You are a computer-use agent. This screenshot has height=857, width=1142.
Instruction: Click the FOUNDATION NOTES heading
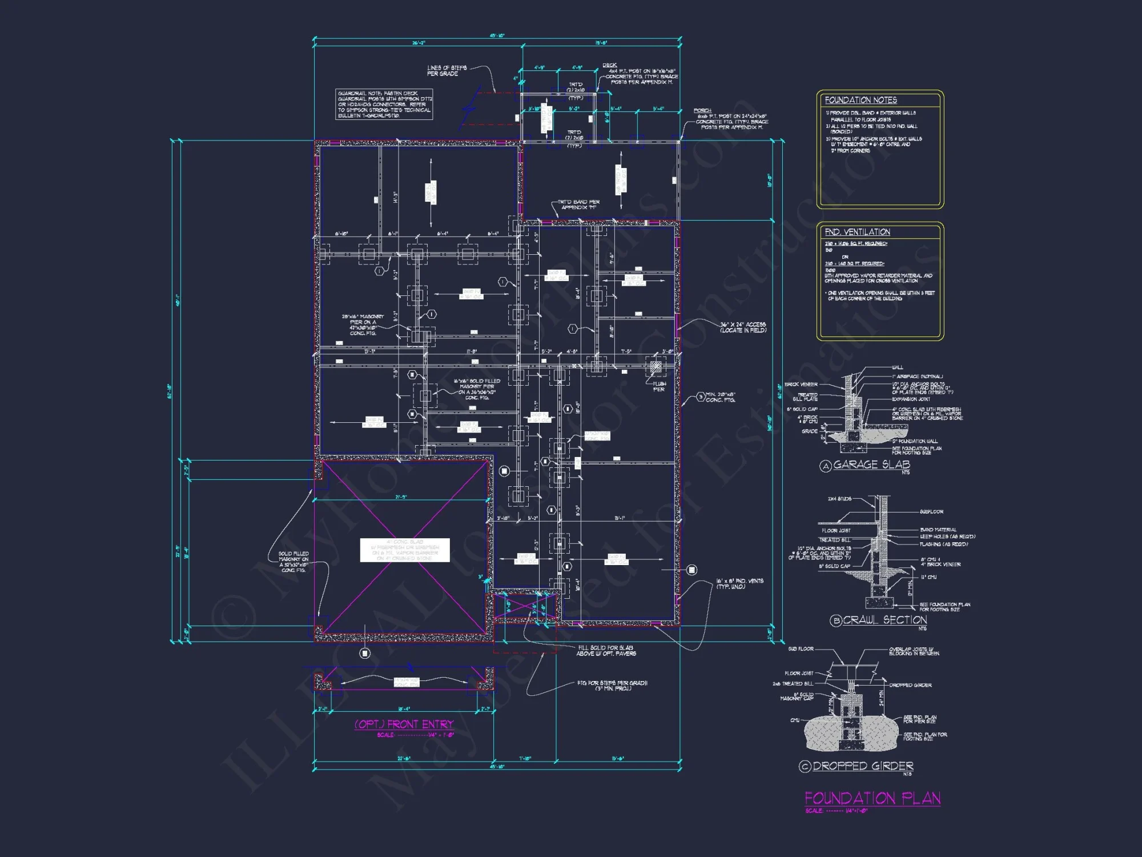[x=860, y=100]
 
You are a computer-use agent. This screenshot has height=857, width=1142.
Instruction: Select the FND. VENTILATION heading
[x=857, y=232]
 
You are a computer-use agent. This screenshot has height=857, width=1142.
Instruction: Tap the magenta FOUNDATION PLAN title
[x=872, y=798]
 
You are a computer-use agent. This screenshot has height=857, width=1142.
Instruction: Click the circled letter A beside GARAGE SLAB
[x=825, y=466]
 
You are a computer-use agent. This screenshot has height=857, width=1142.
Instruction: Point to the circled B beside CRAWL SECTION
[x=835, y=620]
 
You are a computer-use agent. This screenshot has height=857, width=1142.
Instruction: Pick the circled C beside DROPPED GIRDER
[x=805, y=767]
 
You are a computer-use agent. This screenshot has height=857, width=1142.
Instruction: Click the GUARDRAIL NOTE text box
[x=384, y=105]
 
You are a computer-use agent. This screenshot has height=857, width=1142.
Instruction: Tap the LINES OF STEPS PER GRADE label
[x=447, y=71]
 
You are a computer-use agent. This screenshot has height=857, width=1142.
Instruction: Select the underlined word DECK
[x=609, y=65]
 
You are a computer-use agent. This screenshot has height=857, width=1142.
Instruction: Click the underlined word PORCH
[x=702, y=110]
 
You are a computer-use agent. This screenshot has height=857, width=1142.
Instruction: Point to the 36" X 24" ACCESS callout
[x=742, y=327]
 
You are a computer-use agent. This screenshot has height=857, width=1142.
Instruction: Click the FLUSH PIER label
[x=659, y=386]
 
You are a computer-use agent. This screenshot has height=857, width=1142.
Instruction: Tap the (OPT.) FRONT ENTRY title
[x=404, y=724]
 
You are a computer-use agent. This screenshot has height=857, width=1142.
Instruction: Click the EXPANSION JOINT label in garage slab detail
[x=912, y=399]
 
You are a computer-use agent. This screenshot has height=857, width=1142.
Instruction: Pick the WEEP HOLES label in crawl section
[x=947, y=536]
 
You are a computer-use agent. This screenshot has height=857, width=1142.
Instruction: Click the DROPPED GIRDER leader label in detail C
[x=910, y=685]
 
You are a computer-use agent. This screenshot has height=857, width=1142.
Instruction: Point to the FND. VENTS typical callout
[x=739, y=583]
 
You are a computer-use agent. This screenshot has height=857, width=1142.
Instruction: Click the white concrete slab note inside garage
[x=405, y=550]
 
